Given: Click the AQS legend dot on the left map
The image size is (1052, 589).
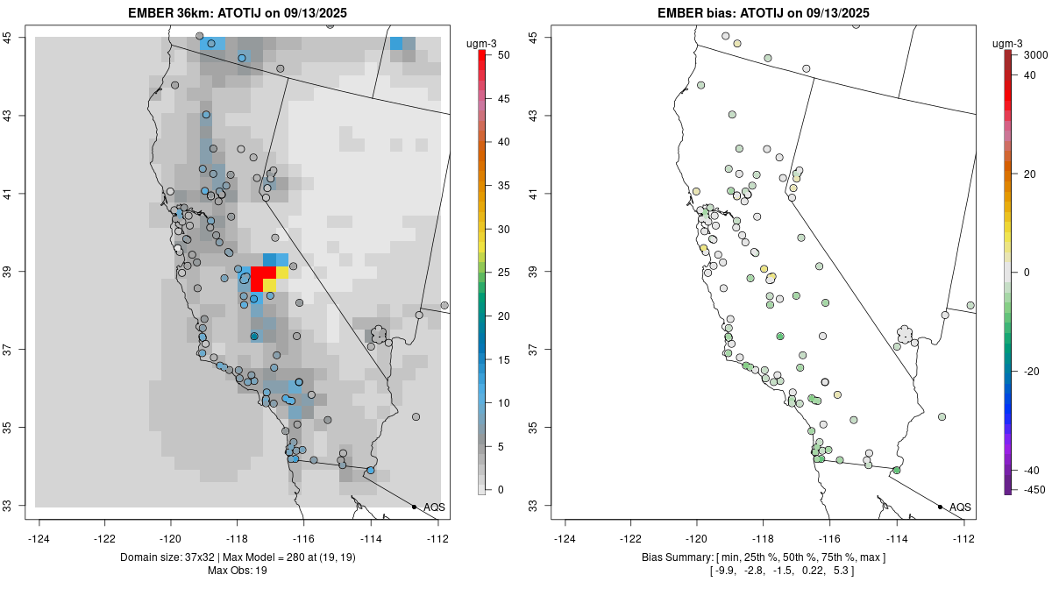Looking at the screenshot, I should tap(414, 507).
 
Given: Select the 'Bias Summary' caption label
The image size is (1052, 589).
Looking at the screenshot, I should tap(675, 557).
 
